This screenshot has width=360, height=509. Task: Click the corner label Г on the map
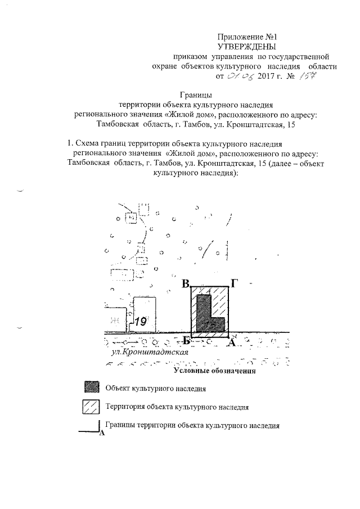click(235, 283)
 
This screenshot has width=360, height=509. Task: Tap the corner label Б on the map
click(186, 342)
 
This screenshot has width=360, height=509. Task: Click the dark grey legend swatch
click(91, 388)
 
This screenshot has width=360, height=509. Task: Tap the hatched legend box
click(91, 406)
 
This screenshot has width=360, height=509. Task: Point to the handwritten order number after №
click(305, 77)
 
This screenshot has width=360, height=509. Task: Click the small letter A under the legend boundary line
click(101, 434)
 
